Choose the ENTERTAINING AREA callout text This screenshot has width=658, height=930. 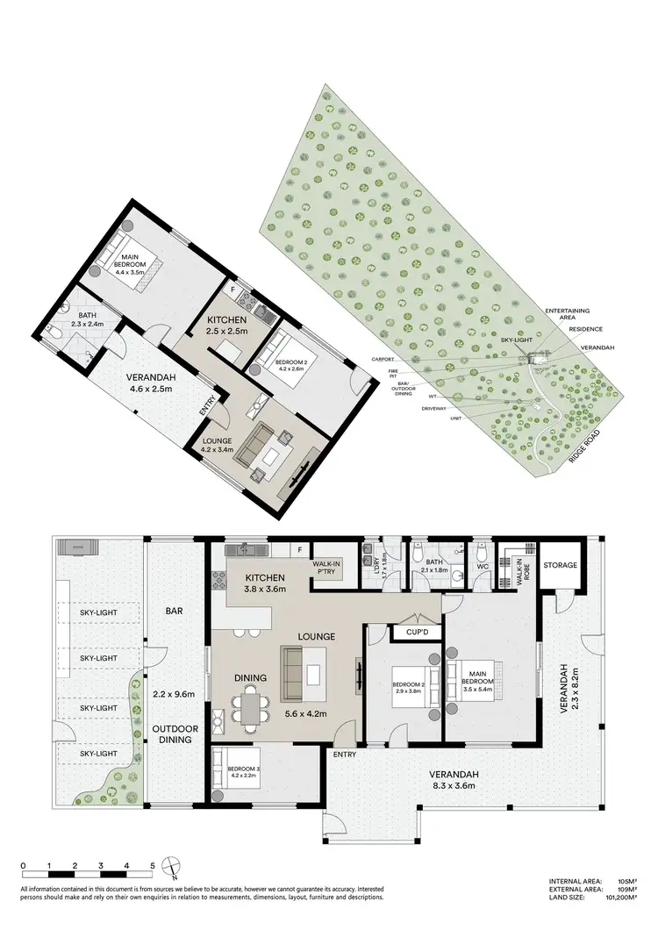[567, 314]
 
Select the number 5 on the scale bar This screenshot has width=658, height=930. [154, 864]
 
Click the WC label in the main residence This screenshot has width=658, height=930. [482, 567]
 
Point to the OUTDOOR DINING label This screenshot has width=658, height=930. [175, 734]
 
